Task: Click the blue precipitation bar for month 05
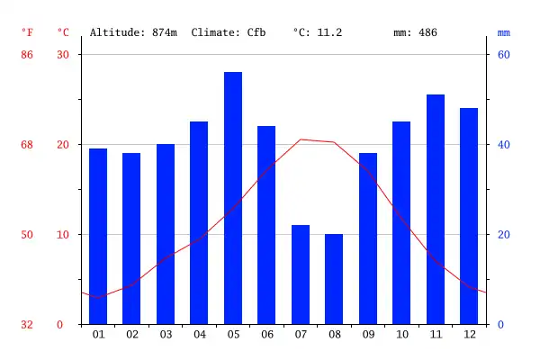(233, 198)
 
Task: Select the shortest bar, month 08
(334, 279)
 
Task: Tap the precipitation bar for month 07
(301, 274)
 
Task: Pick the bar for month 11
(436, 209)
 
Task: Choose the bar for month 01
(98, 236)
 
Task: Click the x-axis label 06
(266, 335)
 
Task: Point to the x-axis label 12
(469, 335)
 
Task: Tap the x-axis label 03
(166, 335)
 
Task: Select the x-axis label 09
(368, 335)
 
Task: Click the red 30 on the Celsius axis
(63, 55)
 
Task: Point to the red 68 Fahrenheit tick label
(27, 145)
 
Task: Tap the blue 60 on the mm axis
(504, 55)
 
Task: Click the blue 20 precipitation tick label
(504, 235)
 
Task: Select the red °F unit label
(27, 32)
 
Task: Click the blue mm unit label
(504, 32)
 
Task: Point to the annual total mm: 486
(415, 32)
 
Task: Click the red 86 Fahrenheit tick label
(27, 55)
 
